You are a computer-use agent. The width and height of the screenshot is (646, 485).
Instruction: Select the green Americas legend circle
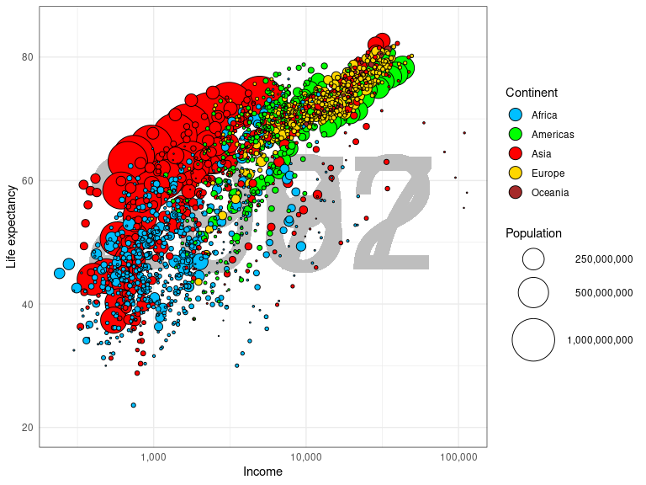[516, 135]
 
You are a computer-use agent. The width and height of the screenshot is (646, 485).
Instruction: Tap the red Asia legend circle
[516, 154]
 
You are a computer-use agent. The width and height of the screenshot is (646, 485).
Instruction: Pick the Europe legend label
[548, 173]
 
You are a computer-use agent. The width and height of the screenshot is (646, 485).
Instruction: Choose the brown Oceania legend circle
[516, 193]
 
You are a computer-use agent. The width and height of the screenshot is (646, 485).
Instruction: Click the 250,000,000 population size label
[603, 259]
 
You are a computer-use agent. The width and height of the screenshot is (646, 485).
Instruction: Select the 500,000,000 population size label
[603, 293]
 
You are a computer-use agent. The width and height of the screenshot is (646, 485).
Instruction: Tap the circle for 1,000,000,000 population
[533, 340]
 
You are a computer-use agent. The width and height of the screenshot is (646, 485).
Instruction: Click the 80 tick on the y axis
[27, 57]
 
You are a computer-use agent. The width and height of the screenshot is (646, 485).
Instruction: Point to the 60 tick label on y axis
[27, 180]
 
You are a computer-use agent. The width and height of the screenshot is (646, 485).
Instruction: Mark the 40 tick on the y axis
[27, 304]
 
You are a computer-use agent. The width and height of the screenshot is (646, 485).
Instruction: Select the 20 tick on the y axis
[27, 428]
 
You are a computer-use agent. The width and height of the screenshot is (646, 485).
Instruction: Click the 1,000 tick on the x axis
[153, 457]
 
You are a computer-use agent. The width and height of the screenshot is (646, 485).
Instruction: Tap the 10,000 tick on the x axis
[305, 457]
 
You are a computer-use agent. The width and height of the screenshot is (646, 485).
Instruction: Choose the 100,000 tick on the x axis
[458, 457]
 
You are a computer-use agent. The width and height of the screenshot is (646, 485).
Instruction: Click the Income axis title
[262, 472]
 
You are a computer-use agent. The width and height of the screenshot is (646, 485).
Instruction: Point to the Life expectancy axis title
[11, 226]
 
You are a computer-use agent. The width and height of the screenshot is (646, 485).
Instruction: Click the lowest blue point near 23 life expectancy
[133, 405]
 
